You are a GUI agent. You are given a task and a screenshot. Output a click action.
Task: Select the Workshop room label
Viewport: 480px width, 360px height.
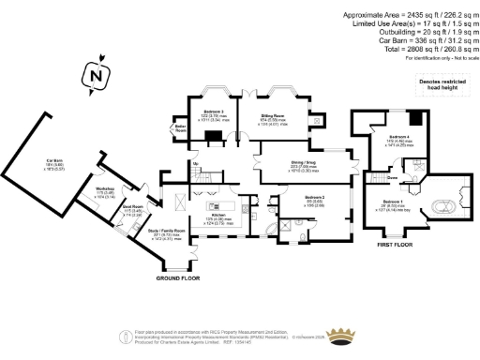pos(104,194)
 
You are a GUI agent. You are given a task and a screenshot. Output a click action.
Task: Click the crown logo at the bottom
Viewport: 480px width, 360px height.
pos(349,336)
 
